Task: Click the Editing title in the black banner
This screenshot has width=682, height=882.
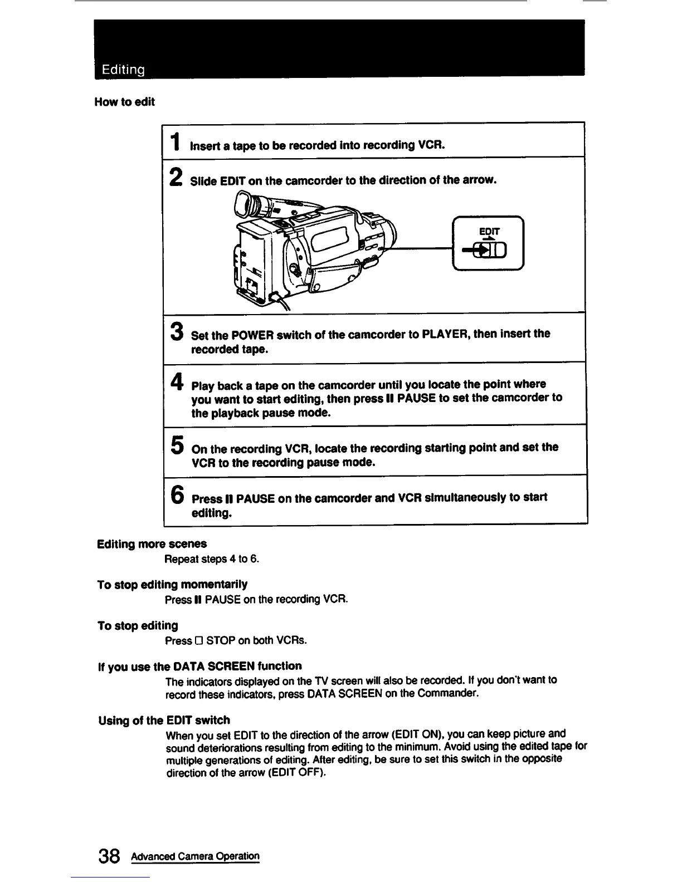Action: pyautogui.click(x=123, y=70)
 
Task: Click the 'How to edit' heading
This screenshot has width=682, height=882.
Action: pyautogui.click(x=124, y=102)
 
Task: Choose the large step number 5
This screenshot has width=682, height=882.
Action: pyautogui.click(x=177, y=445)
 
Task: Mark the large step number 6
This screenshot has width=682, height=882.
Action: pyautogui.click(x=177, y=494)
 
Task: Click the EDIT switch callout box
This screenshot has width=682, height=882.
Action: pyautogui.click(x=489, y=243)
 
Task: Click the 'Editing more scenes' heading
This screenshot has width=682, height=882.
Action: pyautogui.click(x=152, y=543)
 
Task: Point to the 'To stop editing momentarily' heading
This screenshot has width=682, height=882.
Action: pyautogui.click(x=172, y=584)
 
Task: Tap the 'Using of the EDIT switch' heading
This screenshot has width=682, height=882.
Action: pyautogui.click(x=164, y=720)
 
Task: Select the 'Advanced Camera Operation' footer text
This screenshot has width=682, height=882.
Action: pyautogui.click(x=196, y=856)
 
